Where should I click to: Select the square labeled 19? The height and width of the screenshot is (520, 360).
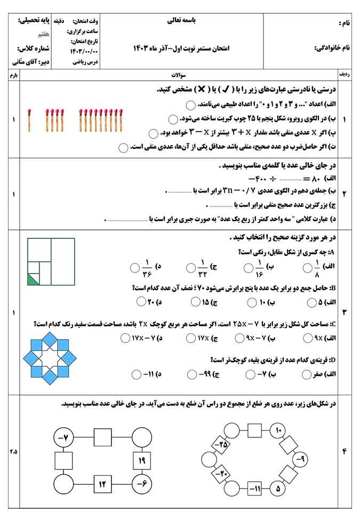click(x=141, y=459)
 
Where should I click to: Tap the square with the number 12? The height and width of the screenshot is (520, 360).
click(x=102, y=484)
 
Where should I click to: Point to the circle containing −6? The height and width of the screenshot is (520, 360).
click(x=141, y=484)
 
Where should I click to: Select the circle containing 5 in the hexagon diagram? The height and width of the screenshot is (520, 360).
click(x=278, y=487)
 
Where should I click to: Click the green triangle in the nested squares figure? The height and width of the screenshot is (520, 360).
click(x=33, y=279)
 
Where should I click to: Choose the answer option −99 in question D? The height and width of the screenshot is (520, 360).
click(x=205, y=374)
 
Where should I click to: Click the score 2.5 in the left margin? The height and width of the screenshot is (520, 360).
click(x=13, y=452)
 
